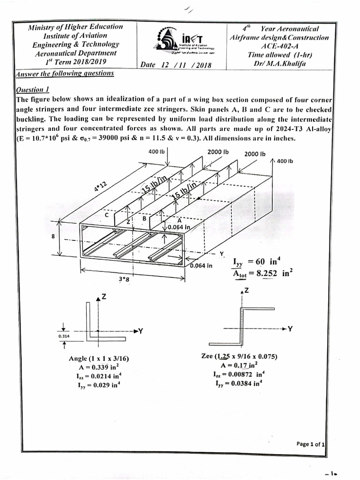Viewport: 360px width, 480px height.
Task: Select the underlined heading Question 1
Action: pyautogui.click(x=33, y=90)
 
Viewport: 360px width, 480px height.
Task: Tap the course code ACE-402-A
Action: pyautogui.click(x=279, y=46)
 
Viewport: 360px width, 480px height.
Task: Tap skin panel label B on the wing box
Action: pyautogui.click(x=144, y=218)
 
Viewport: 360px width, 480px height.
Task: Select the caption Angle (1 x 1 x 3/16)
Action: pyautogui.click(x=99, y=359)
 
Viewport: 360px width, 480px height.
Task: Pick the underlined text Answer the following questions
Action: pyautogui.click(x=64, y=73)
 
